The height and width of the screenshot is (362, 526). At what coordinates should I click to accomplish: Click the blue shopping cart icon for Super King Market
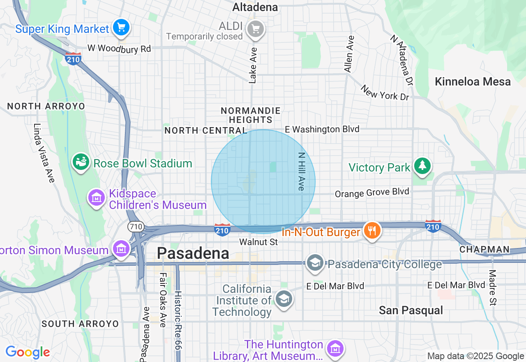121,28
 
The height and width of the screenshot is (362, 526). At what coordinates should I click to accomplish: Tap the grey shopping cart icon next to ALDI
256,29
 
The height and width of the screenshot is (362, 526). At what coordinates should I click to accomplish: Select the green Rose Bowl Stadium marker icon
81,162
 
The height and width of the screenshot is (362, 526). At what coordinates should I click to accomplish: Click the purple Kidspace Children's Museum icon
97,198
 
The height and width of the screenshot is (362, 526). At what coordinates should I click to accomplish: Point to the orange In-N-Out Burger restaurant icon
372,230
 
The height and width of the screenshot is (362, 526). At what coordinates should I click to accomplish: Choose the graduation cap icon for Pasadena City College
315,263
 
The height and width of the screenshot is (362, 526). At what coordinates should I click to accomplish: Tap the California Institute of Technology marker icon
284,299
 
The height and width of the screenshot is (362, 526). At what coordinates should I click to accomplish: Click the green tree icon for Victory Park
422,166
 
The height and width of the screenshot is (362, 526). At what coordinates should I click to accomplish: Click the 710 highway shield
135,226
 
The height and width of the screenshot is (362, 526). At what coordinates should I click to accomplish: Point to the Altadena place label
255,7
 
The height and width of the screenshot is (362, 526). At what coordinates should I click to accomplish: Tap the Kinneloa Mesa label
473,81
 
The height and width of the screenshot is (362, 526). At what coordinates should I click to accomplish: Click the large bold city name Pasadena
193,253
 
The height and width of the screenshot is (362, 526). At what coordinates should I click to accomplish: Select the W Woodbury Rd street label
119,49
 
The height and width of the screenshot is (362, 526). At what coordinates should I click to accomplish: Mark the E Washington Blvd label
322,129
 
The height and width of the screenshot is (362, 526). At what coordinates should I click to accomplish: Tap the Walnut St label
258,242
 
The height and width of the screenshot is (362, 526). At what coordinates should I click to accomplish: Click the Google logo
28,353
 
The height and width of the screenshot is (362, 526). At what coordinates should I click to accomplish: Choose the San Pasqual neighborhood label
411,310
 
